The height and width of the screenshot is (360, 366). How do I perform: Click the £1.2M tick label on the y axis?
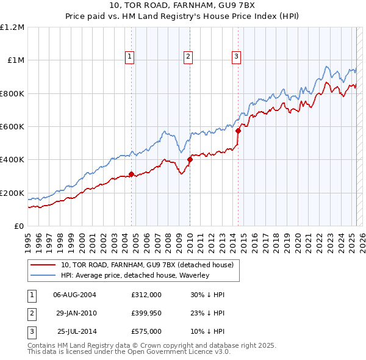12,27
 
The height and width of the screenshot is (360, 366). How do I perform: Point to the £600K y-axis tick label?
12,127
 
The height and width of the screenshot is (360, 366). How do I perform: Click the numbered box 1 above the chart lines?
131,57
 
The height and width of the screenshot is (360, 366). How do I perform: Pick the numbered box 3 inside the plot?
236,57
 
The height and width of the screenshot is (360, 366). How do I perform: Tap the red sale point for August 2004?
131,174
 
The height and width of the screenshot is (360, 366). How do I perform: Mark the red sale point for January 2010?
190,160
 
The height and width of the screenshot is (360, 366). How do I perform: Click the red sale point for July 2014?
238,131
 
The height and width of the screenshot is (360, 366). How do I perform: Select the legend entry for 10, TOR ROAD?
146,265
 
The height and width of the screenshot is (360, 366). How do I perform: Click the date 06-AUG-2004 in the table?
74,295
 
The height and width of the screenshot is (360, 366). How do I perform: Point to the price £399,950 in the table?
146,313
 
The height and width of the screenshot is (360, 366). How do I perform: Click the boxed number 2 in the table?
31,313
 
